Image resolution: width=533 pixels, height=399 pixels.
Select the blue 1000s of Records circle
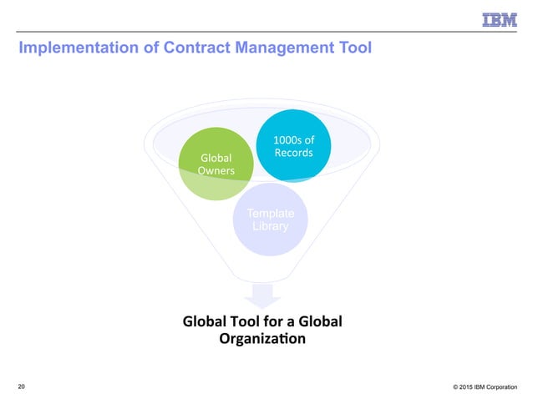292,145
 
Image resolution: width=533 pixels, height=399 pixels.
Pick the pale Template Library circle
269,220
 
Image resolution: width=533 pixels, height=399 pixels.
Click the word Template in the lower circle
270,214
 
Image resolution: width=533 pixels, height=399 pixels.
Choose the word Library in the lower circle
270,227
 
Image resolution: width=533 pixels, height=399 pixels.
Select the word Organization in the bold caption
261,339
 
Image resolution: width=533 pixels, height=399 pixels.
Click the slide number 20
21,386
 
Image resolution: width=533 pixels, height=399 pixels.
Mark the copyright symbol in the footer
456,386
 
